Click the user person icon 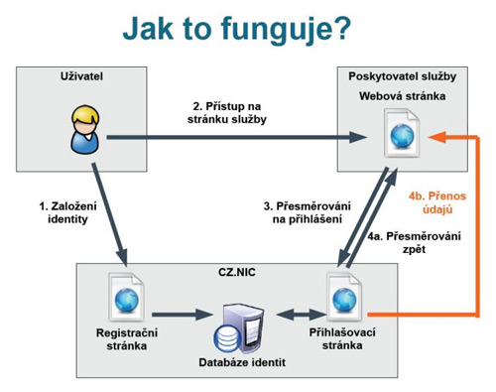(x=84, y=132)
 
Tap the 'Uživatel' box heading (x=81, y=77)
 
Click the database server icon (x=244, y=324)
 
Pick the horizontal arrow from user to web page (x=228, y=139)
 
